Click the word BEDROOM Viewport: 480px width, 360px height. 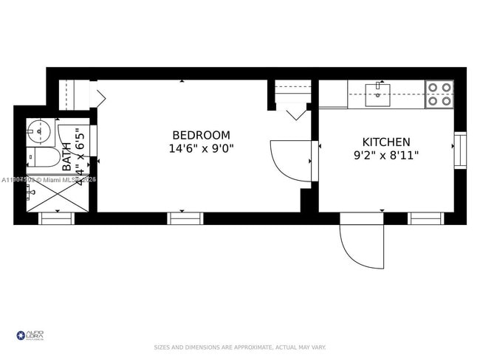pos(201,135)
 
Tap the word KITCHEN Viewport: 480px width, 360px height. pos(385,142)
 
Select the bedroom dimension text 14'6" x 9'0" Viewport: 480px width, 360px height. pos(201,148)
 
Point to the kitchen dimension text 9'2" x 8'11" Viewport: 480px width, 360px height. pos(385,156)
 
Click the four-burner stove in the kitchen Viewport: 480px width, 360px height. pos(439,94)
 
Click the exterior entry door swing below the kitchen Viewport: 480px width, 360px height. pos(362,243)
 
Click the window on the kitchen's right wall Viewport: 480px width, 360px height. pos(460,150)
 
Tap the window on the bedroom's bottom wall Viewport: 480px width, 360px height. pos(185,218)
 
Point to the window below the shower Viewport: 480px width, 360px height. pos(56,218)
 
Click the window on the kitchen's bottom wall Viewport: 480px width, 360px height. pos(426,218)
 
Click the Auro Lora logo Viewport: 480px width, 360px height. pos(30,336)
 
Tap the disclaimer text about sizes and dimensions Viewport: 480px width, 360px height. pos(239,347)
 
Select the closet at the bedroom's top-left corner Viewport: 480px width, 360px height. pos(74,94)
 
